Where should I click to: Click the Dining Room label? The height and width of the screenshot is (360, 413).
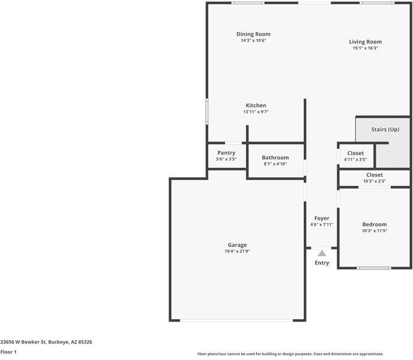click(x=253, y=34)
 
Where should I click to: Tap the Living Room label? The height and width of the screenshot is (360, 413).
click(x=365, y=42)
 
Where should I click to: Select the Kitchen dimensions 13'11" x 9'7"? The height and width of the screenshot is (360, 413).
click(x=256, y=112)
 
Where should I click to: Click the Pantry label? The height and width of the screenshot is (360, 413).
click(x=226, y=153)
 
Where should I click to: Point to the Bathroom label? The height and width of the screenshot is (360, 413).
click(x=275, y=158)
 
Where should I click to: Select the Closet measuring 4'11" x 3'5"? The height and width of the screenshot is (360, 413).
click(x=355, y=154)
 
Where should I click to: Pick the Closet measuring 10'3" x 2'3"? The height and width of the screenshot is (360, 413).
click(x=374, y=175)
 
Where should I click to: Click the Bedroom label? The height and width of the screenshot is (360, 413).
click(x=374, y=224)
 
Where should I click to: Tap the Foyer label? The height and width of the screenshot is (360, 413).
click(x=322, y=218)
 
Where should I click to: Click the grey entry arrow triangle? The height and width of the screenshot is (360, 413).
click(x=322, y=253)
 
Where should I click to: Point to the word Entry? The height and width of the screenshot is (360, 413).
click(x=322, y=263)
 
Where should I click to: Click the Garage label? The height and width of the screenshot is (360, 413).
click(x=237, y=245)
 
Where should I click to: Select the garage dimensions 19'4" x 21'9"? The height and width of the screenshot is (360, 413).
click(x=237, y=251)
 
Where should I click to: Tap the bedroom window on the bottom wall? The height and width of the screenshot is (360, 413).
click(x=374, y=268)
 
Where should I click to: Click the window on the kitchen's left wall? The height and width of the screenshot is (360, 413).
click(x=207, y=111)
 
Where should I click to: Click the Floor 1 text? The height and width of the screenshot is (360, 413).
click(x=8, y=352)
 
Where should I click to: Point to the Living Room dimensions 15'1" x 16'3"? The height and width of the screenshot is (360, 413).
click(x=365, y=49)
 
